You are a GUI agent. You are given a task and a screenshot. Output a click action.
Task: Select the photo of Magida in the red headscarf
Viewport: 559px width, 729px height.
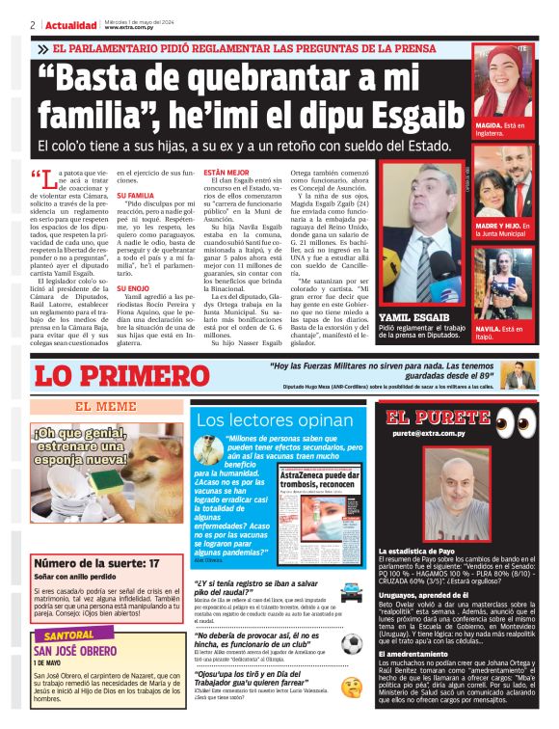click(x=502, y=84)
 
